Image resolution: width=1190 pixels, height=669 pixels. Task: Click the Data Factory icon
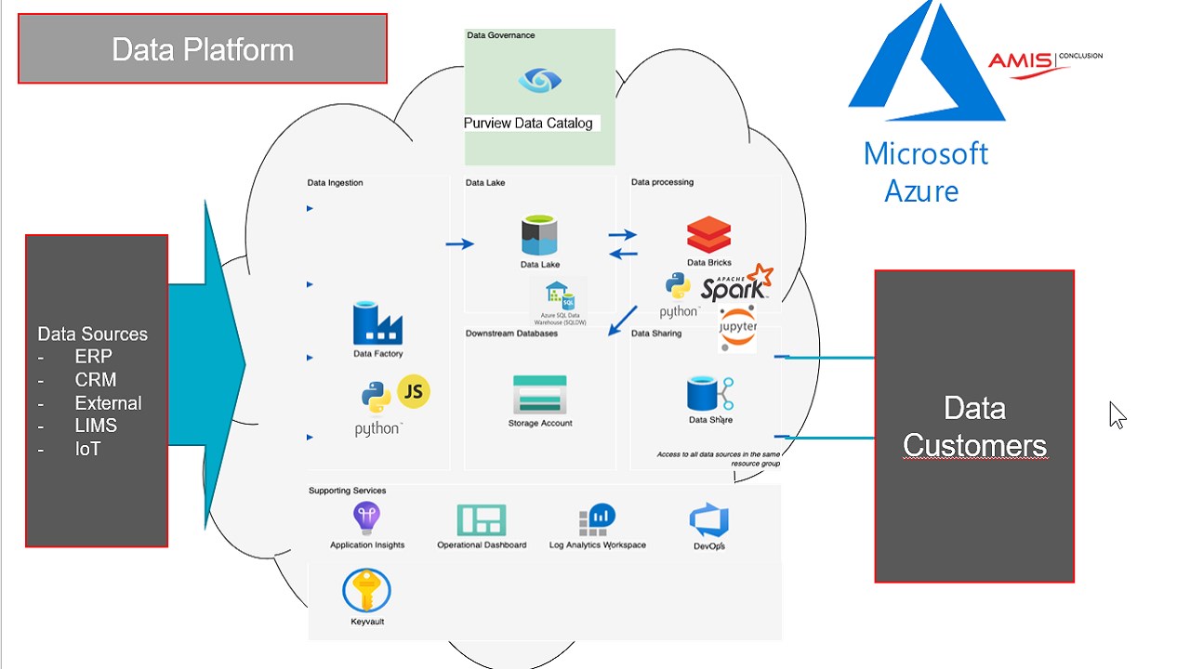click(377, 323)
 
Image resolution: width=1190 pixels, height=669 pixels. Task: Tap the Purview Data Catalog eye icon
click(539, 81)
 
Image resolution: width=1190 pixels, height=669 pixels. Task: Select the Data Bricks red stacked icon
click(708, 235)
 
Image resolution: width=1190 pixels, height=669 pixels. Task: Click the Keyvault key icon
click(366, 590)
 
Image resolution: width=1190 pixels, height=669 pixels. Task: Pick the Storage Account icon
click(539, 395)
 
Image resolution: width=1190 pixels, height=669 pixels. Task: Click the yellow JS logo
click(414, 392)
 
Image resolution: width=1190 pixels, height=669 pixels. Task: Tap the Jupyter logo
click(737, 328)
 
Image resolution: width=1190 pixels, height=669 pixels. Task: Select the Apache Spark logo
click(736, 284)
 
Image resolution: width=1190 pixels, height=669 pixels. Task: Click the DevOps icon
click(708, 521)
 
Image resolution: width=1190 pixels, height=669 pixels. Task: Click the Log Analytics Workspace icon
click(597, 520)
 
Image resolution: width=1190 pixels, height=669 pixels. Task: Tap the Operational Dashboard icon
click(482, 520)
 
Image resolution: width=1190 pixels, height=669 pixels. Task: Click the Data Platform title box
click(203, 49)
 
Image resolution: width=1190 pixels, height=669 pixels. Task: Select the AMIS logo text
click(1020, 60)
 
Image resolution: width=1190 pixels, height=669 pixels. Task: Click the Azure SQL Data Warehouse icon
click(559, 295)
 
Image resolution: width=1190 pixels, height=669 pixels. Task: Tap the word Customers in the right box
click(974, 446)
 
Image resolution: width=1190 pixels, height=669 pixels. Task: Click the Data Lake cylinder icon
click(539, 236)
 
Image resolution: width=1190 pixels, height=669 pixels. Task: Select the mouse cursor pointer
click(1116, 414)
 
